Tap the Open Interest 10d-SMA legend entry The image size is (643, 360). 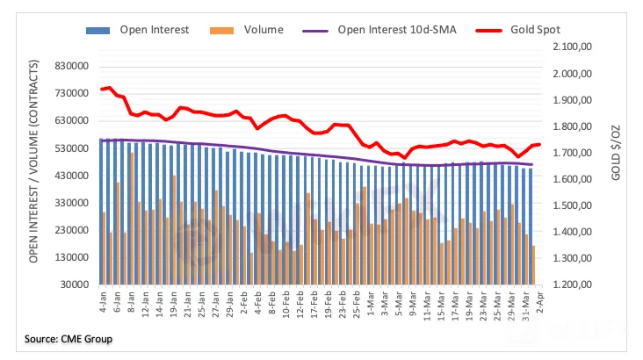point(394,30)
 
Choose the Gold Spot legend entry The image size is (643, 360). point(537,30)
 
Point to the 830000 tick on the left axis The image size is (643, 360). point(73,66)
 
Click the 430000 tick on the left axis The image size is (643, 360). point(73,176)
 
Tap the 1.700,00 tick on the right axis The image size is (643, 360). point(573,153)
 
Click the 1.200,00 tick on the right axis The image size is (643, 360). point(573,286)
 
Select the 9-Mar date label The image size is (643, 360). point(407,306)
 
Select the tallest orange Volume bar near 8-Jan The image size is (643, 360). point(132,218)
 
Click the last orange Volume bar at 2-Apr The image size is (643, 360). point(534,264)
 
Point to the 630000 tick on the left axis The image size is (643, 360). point(73,120)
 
